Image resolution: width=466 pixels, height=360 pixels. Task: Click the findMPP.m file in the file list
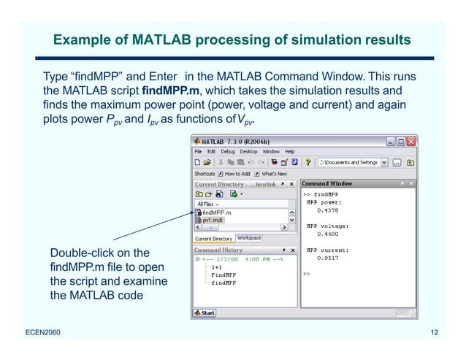217,212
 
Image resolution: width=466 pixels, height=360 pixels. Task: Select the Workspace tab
248,238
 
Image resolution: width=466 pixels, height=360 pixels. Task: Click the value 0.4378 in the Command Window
326,210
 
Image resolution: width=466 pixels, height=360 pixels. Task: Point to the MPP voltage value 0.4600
326,234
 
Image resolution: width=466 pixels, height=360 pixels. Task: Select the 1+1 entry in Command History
217,267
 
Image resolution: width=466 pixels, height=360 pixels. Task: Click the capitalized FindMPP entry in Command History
218,275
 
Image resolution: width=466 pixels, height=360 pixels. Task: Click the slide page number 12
435,334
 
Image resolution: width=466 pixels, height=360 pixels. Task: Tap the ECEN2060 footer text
41,334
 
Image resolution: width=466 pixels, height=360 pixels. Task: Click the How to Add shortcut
237,174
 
